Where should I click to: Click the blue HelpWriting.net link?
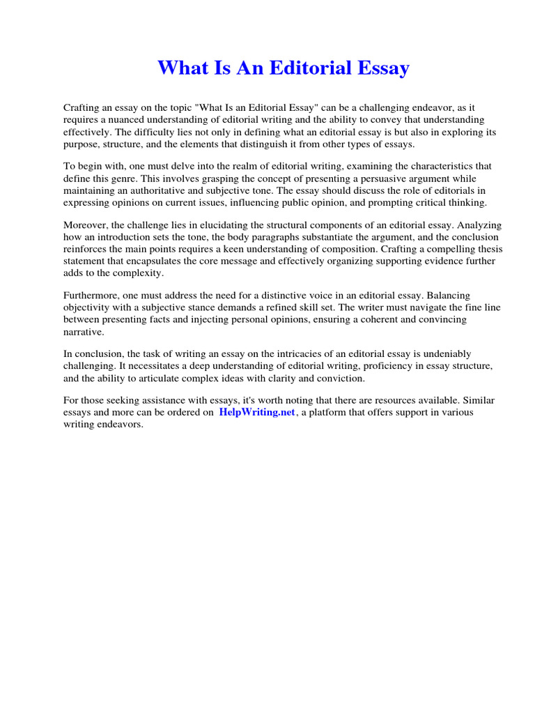pyautogui.click(x=257, y=412)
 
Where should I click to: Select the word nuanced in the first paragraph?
pyautogui.click(x=132, y=119)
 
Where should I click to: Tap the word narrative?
pyautogui.click(x=84, y=331)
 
